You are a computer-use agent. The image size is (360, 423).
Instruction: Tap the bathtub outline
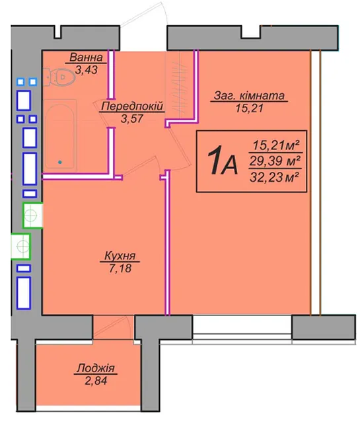point(59,135)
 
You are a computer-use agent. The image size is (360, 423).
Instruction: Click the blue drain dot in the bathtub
point(60,162)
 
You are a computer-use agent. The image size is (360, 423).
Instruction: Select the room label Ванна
point(86,58)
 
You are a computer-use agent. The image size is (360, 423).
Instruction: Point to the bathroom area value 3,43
point(87,70)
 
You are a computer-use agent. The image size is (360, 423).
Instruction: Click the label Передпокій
point(132,106)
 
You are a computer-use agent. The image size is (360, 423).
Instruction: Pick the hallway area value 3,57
point(132,118)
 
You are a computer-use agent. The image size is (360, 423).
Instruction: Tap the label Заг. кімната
point(249,95)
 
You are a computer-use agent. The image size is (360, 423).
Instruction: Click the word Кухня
point(120,256)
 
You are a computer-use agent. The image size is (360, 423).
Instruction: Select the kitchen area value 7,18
point(120,268)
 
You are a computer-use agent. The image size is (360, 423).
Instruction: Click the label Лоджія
point(96,368)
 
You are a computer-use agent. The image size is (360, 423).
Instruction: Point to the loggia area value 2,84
point(96,381)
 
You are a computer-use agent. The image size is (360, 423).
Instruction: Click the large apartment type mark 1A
point(223,160)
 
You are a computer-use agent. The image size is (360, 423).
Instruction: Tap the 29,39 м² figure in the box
point(275,161)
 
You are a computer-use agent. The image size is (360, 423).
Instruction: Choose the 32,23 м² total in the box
point(275,178)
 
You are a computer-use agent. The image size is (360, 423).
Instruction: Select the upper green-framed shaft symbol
point(32,215)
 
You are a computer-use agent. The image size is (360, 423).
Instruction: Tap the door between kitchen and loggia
point(113,327)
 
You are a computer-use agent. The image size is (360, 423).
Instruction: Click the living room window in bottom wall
point(242,328)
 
